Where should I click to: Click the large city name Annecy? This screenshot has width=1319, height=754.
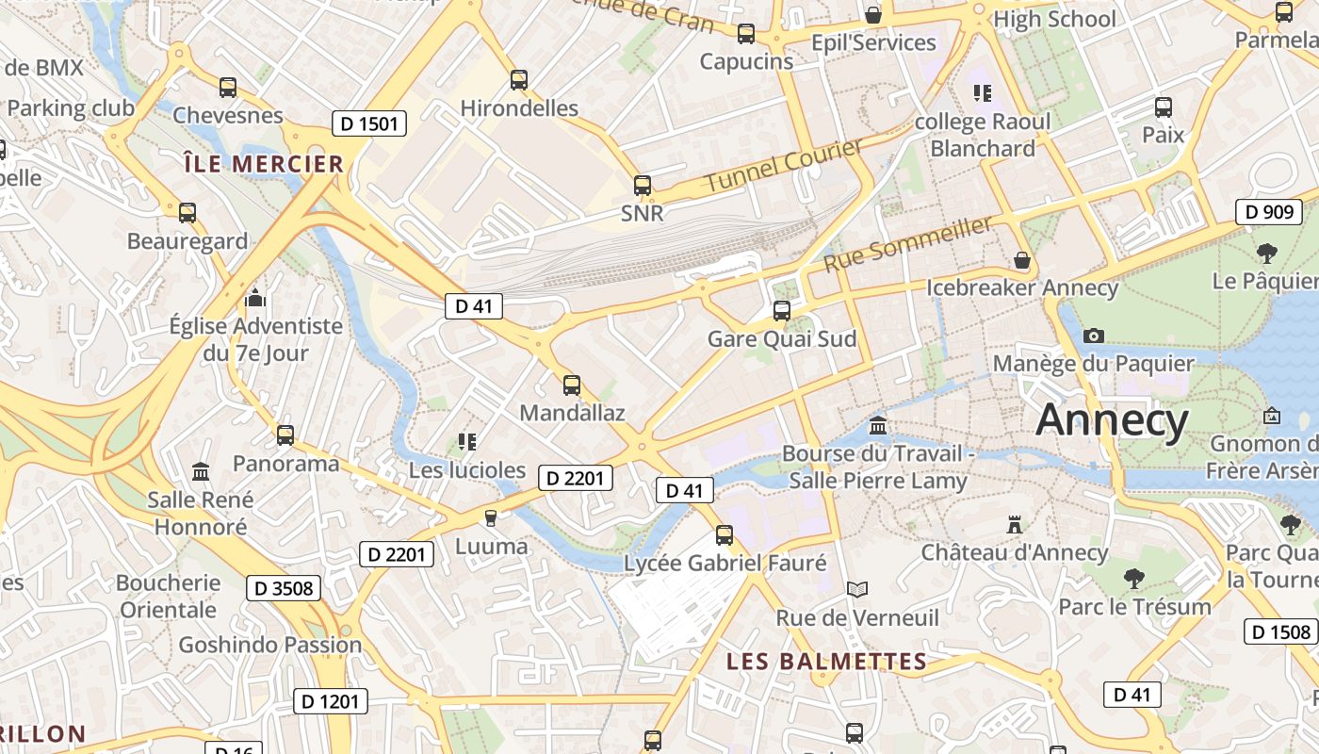click(1112, 420)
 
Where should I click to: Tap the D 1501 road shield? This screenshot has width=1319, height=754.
click(369, 123)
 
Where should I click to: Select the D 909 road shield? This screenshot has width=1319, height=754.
click(1268, 211)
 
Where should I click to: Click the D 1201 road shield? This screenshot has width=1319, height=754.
click(330, 701)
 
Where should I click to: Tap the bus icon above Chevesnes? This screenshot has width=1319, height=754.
click(228, 88)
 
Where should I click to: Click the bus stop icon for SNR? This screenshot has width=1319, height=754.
click(643, 186)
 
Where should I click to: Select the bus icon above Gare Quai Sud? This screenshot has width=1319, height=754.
click(781, 310)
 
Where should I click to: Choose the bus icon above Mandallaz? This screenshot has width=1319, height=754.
click(572, 385)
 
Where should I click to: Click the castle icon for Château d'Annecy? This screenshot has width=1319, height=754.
click(1015, 524)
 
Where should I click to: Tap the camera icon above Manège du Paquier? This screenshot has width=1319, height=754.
click(1093, 336)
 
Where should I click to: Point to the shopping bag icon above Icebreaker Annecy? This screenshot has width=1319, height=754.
click(1022, 260)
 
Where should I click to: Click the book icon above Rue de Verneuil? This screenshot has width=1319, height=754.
click(856, 590)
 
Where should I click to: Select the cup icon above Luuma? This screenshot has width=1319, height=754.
click(490, 517)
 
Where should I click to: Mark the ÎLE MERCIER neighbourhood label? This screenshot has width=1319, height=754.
click(264, 164)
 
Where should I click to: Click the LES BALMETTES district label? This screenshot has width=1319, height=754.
click(826, 662)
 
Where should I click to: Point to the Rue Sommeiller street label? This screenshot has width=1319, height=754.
click(908, 243)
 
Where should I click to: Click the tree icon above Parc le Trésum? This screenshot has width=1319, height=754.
click(1133, 578)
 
